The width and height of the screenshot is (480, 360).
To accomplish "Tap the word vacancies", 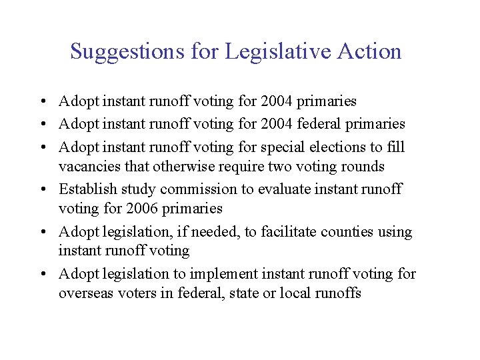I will coord(89,166).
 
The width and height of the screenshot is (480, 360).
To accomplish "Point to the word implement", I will coord(224,273).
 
